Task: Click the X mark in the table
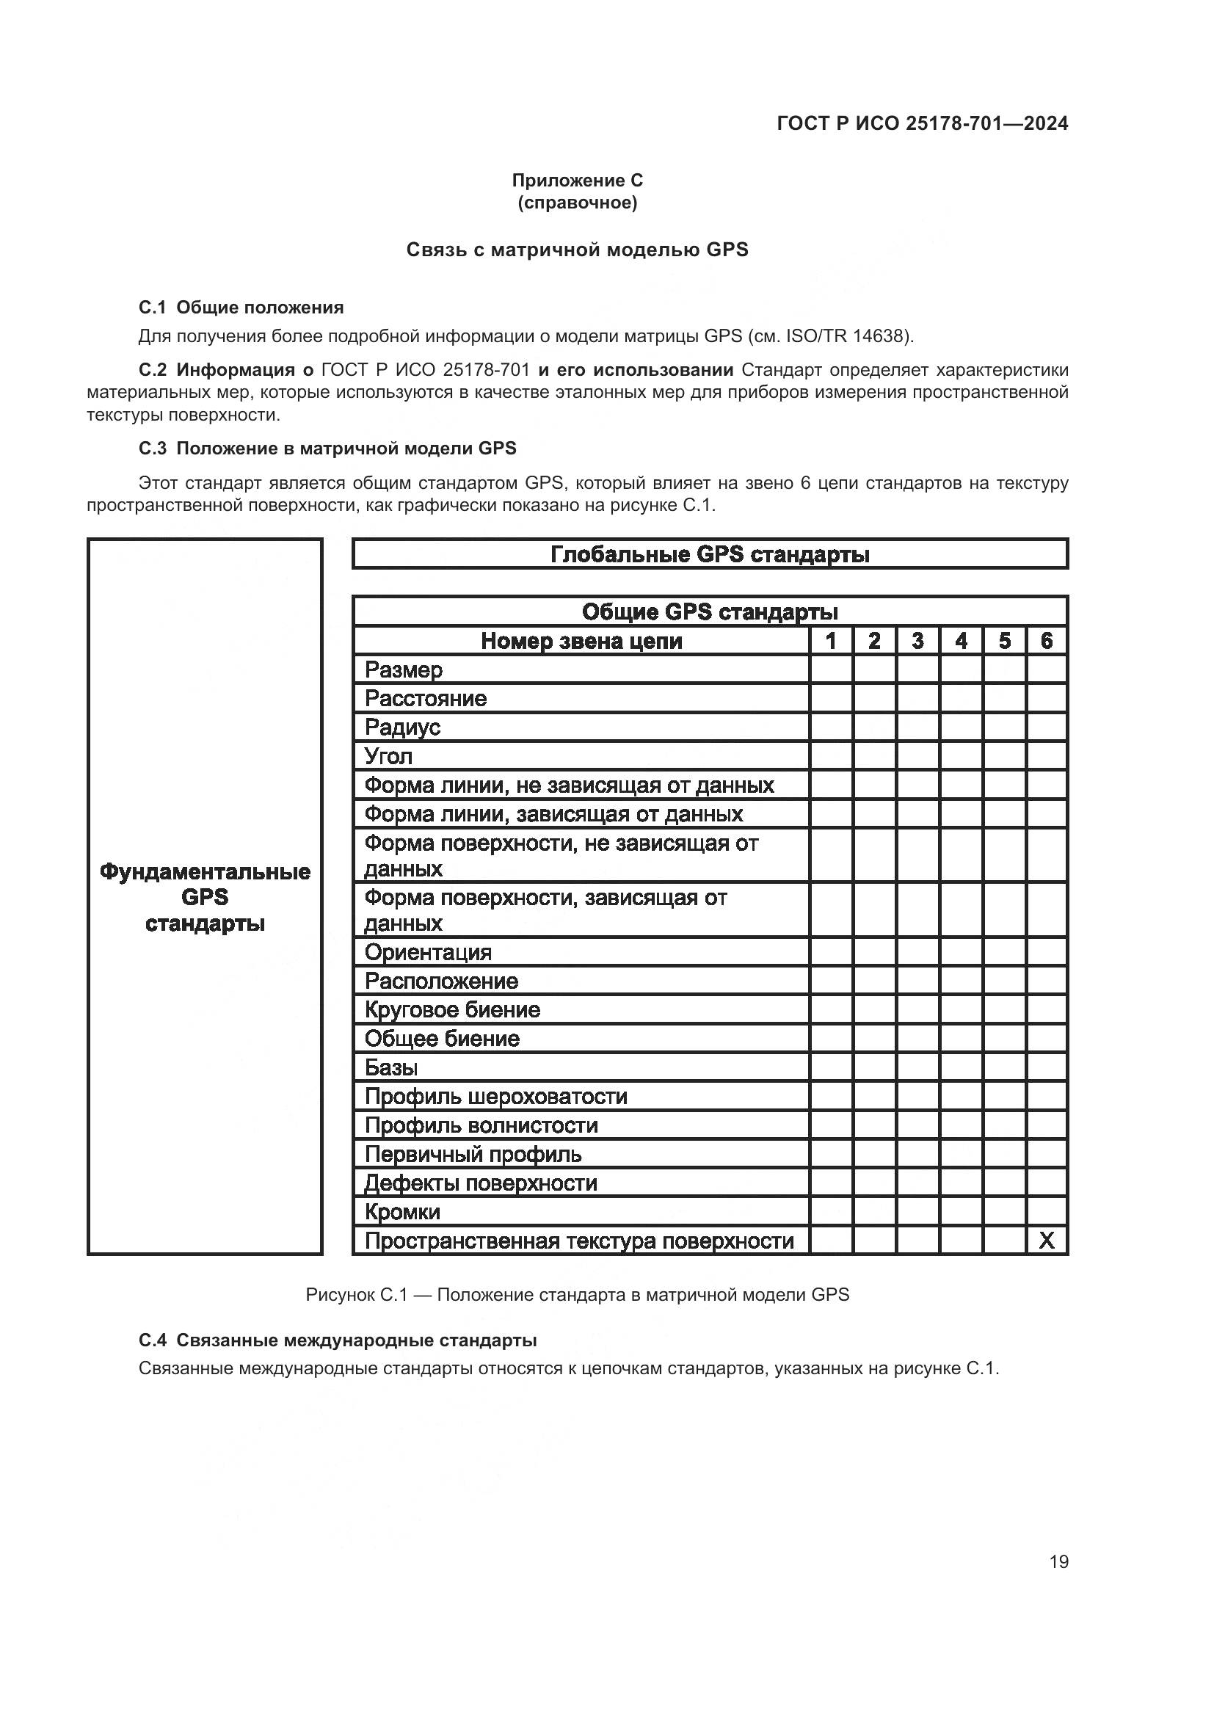pos(1047,1241)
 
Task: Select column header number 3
pos(917,641)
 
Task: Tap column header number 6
pos(1047,641)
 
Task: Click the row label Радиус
pos(402,727)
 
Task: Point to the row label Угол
pos(388,756)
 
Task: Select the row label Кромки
pos(402,1211)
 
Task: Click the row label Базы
pos(391,1067)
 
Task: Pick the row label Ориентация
pos(428,952)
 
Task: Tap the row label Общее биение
pos(442,1039)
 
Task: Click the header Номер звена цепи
pos(581,641)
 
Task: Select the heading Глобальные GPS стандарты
pos(710,554)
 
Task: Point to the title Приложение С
pos(577,181)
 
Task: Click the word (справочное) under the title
pos(577,203)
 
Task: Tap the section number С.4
pos(153,1340)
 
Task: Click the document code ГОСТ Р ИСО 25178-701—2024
pos(923,123)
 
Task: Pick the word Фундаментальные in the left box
pos(205,872)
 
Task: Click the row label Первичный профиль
pos(473,1154)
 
